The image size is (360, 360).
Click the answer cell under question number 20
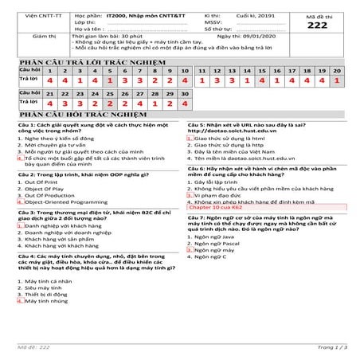340,81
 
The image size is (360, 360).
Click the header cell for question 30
184,93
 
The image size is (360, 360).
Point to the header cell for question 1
53,71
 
